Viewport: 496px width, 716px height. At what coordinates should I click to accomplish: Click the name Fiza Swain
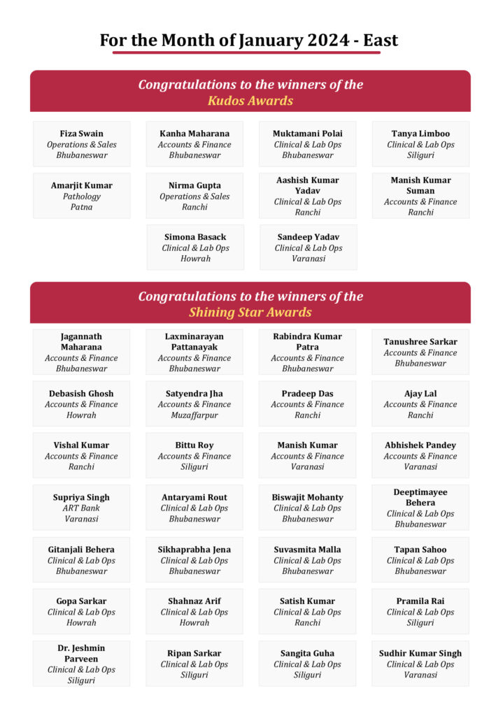click(81, 134)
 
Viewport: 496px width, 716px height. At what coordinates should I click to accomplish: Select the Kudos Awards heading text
click(250, 101)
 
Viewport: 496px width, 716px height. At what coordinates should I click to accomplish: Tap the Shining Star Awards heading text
click(250, 313)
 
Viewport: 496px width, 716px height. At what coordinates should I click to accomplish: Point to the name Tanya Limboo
click(420, 134)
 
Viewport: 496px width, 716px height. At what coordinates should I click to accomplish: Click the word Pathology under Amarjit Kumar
click(81, 196)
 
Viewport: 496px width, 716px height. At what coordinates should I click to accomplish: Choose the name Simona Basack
click(195, 237)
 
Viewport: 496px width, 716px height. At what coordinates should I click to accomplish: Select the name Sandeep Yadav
click(309, 237)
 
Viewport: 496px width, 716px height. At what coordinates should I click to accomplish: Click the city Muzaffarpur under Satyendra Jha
click(194, 415)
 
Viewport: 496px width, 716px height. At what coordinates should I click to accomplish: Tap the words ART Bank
click(81, 508)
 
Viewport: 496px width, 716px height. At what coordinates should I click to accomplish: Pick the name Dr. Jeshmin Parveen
click(81, 653)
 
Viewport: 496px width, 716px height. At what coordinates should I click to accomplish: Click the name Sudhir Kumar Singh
click(420, 653)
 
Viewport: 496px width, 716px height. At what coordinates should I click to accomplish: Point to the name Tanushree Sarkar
click(420, 342)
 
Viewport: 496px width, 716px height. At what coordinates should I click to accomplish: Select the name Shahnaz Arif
click(194, 601)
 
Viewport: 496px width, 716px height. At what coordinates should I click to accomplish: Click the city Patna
click(81, 207)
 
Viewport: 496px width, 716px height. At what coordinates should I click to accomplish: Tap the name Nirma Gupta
click(194, 185)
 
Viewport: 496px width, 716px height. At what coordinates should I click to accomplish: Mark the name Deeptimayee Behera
click(420, 497)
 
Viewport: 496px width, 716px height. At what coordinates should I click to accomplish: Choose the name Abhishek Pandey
click(420, 445)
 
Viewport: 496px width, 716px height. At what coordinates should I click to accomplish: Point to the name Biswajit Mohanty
click(308, 498)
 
